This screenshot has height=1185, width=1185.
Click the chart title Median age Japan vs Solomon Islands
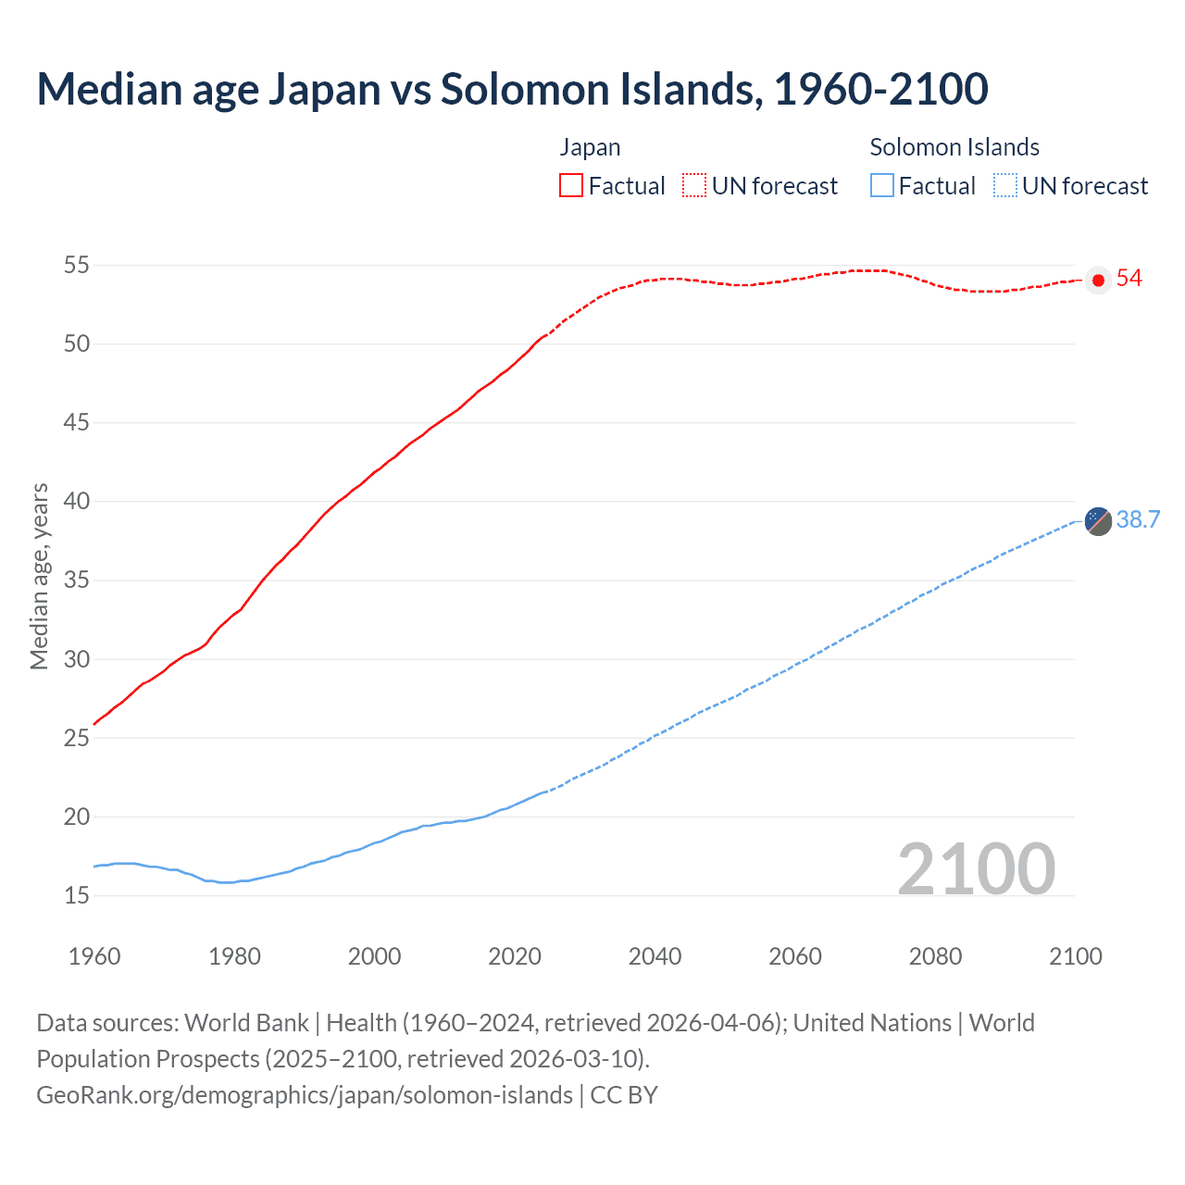tap(512, 90)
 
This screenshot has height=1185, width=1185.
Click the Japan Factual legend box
tap(571, 185)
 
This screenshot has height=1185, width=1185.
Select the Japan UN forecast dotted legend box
tap(694, 185)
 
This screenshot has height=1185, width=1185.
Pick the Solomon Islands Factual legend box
tap(882, 185)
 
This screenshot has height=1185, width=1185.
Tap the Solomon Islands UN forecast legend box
tap(1004, 185)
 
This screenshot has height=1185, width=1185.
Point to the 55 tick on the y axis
tap(77, 266)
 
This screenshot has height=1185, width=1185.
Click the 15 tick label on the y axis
tap(77, 896)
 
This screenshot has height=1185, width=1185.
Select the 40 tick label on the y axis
tap(77, 502)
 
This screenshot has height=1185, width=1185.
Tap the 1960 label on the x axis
tap(94, 956)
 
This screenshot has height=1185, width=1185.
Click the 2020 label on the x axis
tap(515, 956)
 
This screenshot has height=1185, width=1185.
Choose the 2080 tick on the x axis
tap(935, 956)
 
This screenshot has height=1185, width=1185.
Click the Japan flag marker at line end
tap(1098, 280)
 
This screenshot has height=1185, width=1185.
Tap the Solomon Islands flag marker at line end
tap(1098, 521)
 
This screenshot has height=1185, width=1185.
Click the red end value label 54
tap(1129, 279)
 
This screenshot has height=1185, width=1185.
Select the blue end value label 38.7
tap(1138, 520)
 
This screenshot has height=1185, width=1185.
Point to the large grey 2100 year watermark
tap(977, 868)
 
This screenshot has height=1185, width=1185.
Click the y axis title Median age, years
tap(39, 576)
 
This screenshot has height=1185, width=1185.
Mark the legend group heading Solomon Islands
tap(954, 147)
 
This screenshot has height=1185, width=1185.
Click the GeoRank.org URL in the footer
tap(305, 1095)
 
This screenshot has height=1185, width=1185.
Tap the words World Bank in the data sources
tap(246, 1023)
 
